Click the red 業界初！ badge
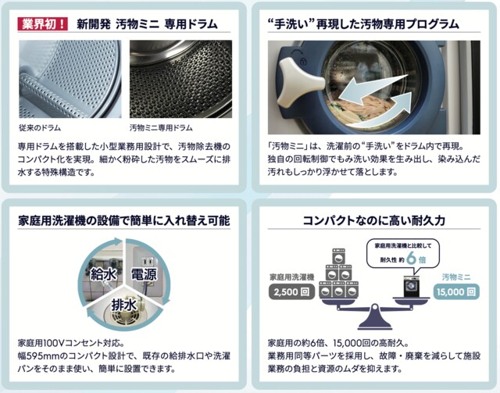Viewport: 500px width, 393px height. (x=42, y=24)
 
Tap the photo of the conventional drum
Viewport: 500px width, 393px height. (x=70, y=79)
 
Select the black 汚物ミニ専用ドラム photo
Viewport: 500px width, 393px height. (x=180, y=79)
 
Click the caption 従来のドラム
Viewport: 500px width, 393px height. (x=40, y=128)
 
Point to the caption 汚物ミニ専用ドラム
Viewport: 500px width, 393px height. (x=161, y=128)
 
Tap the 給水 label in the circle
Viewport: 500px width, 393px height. (x=103, y=273)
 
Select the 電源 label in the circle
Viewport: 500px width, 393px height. (x=144, y=273)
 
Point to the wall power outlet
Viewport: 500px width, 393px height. (x=147, y=263)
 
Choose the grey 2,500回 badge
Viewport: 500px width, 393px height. (x=291, y=292)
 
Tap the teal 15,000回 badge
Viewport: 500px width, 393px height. (x=456, y=292)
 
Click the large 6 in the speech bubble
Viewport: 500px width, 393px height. (x=412, y=259)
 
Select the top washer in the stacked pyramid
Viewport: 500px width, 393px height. (x=338, y=256)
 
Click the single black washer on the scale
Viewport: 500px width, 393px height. (x=412, y=286)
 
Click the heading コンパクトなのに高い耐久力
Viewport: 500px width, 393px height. (x=373, y=220)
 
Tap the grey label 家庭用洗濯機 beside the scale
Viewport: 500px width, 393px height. (x=291, y=277)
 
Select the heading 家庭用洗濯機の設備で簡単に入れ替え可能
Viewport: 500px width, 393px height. (x=124, y=220)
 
